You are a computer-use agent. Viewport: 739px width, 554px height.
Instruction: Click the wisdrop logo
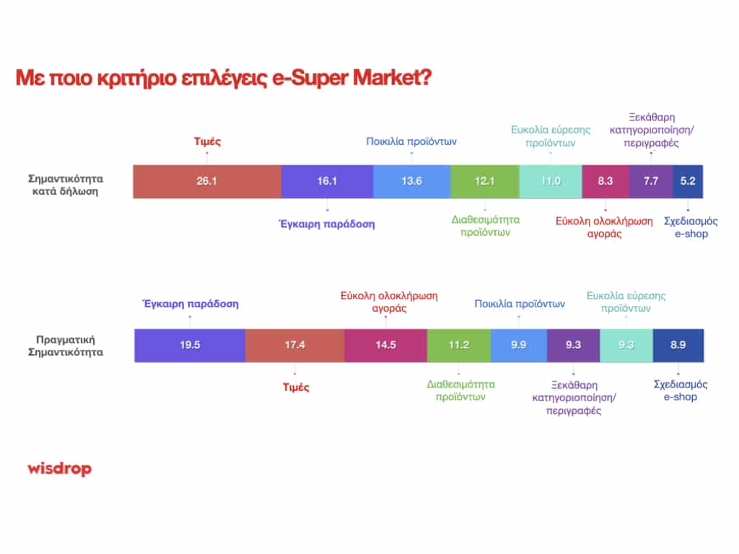coord(59,469)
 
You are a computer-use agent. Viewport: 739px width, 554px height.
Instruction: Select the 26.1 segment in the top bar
coord(207,181)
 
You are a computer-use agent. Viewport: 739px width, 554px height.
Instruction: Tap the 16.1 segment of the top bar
coord(327,181)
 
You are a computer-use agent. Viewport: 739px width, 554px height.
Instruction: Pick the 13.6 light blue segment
coord(412,181)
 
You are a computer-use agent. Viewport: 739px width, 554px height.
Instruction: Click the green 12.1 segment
coord(485,181)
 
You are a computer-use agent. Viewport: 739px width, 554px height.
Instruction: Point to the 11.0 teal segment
coord(551,181)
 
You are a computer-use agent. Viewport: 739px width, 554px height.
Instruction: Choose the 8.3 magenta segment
coord(605,181)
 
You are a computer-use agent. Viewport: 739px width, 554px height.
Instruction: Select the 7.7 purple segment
coord(651,181)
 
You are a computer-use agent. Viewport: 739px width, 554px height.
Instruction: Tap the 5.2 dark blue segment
coord(688,181)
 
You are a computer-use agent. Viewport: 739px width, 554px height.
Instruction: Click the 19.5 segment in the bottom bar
coord(190,346)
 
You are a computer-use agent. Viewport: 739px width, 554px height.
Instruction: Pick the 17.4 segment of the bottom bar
coord(295,346)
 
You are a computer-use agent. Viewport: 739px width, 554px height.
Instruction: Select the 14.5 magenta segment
coord(385,346)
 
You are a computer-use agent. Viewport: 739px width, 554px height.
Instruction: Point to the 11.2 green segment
coord(459,346)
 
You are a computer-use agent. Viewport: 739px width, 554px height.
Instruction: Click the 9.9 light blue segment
coord(519,346)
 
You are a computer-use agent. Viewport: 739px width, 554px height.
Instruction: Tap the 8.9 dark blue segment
coord(678,346)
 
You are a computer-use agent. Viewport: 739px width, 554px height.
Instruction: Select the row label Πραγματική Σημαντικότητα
coord(66,346)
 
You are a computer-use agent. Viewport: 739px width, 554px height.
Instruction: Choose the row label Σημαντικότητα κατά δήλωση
coord(66,185)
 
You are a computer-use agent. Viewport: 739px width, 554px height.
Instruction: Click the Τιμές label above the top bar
coord(207,142)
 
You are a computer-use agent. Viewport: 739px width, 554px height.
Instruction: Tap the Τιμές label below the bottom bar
coord(296,387)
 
